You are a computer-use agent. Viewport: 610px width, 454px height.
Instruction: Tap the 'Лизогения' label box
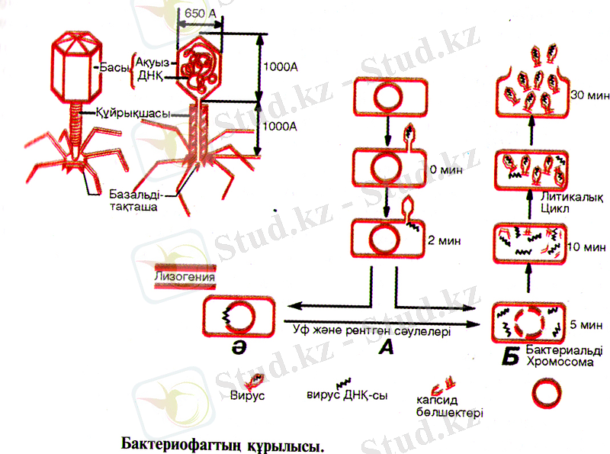pyautogui.click(x=184, y=277)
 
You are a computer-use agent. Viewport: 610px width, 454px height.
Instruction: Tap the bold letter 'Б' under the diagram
pyautogui.click(x=510, y=356)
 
